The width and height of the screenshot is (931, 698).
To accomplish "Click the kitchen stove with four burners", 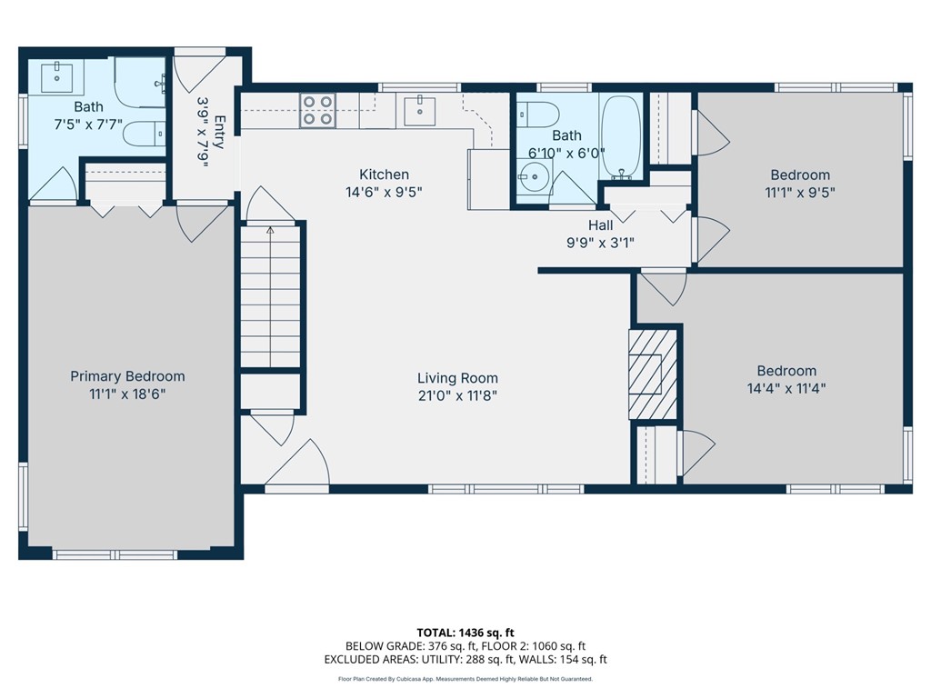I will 318,110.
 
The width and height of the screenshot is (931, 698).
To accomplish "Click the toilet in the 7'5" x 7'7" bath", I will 144,134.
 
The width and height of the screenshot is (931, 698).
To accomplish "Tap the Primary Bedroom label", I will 127,376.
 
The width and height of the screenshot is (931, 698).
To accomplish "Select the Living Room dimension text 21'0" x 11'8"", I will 457,395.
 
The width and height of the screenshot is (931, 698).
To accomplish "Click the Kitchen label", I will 384,174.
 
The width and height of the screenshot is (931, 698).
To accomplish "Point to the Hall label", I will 600,225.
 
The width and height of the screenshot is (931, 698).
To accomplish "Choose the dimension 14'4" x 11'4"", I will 786,388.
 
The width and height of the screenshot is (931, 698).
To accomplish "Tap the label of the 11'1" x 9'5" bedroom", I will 800,175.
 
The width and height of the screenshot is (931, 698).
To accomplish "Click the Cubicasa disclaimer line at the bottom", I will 465,679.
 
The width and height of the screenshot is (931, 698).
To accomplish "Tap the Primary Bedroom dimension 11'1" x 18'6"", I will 127,394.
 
